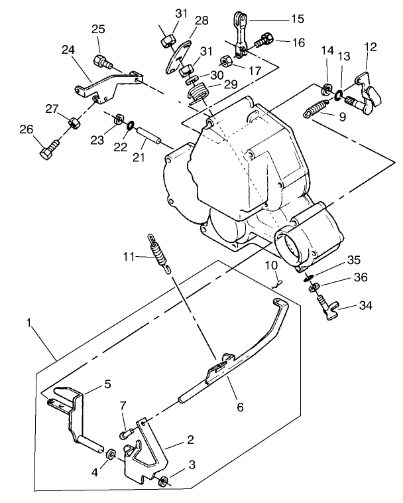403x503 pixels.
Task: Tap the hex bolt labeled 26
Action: coord(48,153)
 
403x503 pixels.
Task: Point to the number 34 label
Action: coord(365,306)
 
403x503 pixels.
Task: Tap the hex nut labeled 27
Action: coord(74,123)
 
